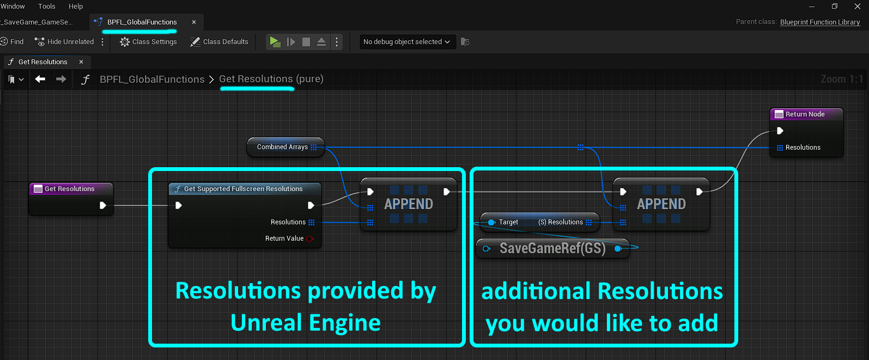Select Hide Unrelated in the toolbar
[64, 41]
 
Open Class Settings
[148, 41]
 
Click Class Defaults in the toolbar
[219, 41]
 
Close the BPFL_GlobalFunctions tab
[194, 22]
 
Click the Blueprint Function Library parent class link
[820, 22]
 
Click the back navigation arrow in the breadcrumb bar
[40, 79]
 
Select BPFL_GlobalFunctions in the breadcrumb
[152, 79]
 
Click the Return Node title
[805, 114]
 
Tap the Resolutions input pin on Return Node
[780, 148]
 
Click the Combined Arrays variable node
[285, 147]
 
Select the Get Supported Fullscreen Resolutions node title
[243, 189]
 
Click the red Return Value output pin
[310, 239]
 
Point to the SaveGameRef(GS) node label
[552, 248]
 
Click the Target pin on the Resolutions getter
[491, 222]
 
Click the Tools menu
[46, 6]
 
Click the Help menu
[76, 6]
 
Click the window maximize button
[835, 6]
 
